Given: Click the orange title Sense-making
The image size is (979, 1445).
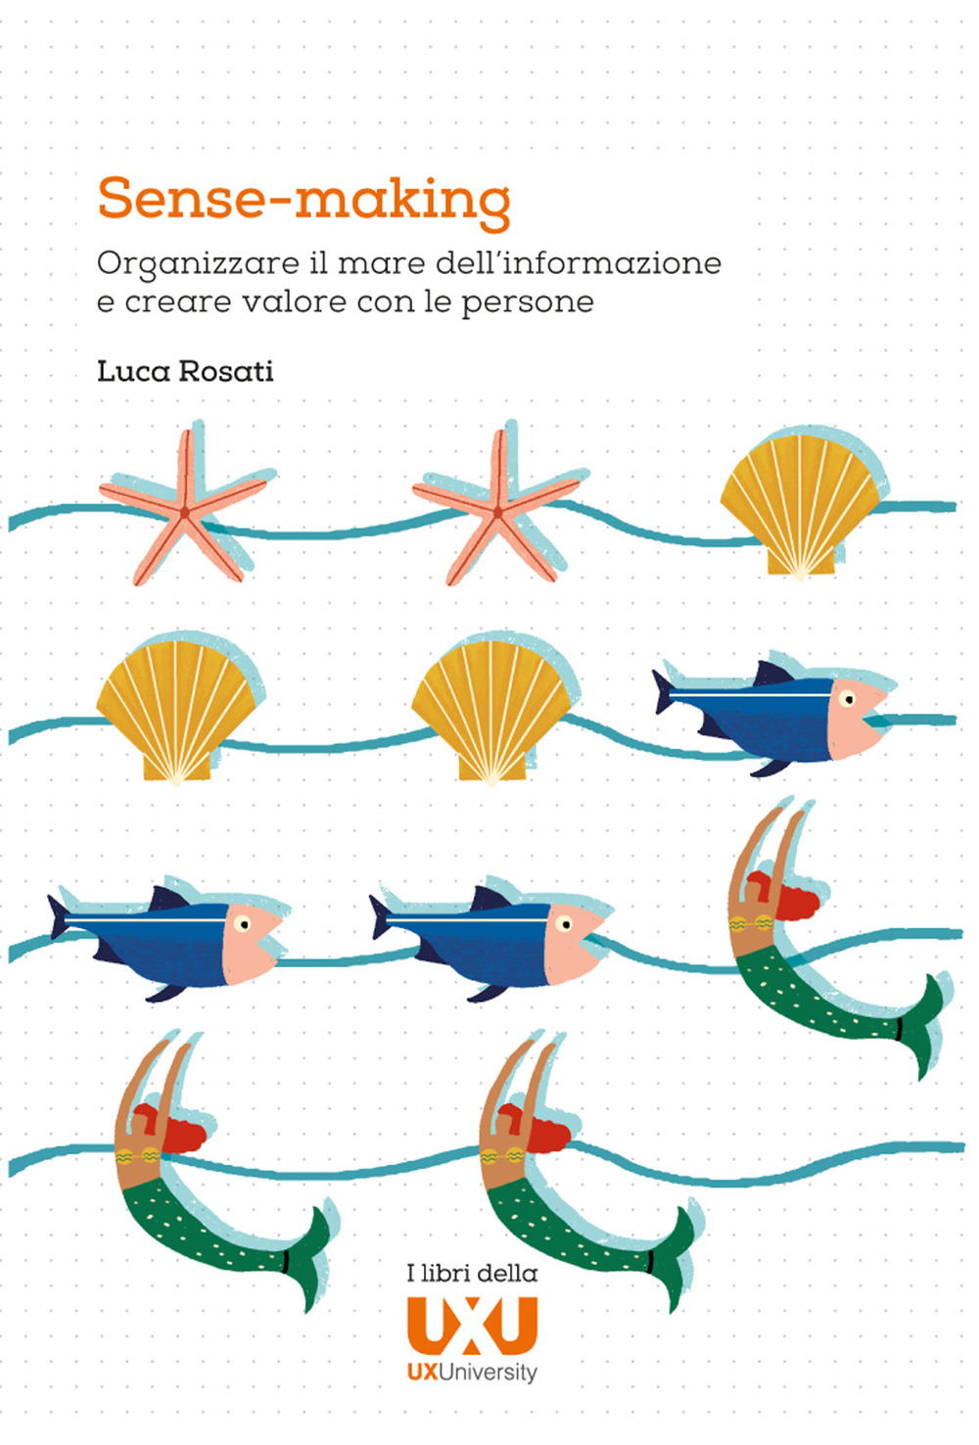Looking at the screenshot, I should pos(303,199).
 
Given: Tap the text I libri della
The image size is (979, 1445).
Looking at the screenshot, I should pos(472,1273).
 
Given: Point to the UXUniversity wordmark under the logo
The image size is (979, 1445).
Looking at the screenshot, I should pos(472,1373).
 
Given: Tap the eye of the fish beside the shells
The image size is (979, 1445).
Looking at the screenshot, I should pos(847,699).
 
